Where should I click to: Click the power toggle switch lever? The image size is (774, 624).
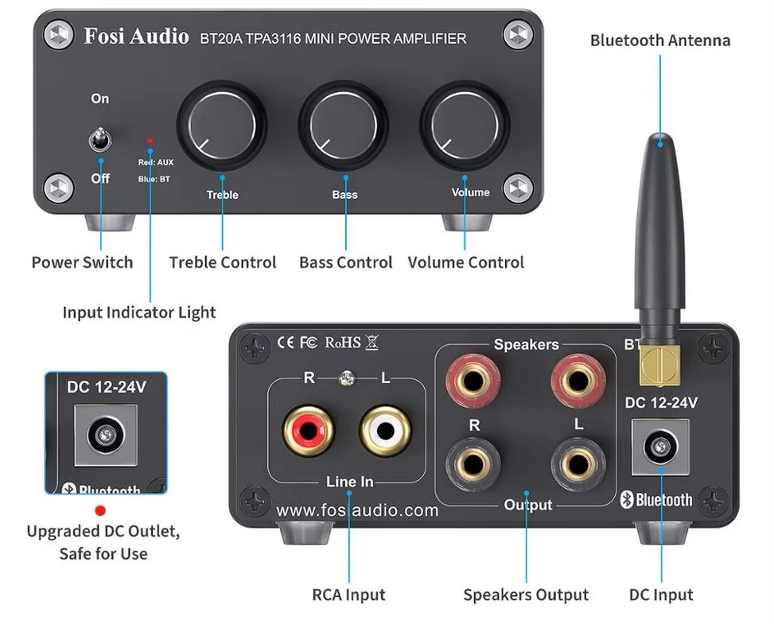point(99,140)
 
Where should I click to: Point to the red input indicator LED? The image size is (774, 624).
point(150,141)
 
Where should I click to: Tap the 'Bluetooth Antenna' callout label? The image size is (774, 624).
point(659,41)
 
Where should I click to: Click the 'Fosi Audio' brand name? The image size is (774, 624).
point(136,37)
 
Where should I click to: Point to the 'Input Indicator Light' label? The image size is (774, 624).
point(139,312)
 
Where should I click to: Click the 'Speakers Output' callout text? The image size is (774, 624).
point(526,595)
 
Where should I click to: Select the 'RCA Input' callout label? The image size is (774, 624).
point(348,595)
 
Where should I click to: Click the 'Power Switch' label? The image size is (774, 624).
point(82,262)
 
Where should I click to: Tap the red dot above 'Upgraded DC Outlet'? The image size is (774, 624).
point(100,510)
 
